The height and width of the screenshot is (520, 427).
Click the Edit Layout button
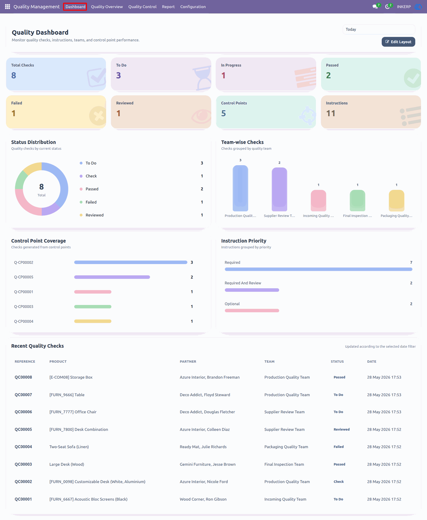coord(398,42)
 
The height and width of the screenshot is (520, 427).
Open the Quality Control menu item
coord(142,7)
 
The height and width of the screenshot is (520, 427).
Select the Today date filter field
coord(379,29)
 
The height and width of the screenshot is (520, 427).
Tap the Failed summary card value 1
coord(14,113)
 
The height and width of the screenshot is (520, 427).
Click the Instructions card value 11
coord(331,113)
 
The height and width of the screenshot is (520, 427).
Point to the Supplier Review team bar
coord(279,189)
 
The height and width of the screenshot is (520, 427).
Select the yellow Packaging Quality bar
coord(396,200)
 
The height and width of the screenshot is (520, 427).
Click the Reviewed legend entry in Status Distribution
coord(95,215)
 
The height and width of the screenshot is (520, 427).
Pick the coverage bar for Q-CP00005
coord(112,277)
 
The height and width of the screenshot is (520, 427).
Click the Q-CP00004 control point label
coord(24,321)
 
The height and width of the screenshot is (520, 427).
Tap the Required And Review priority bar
coord(252,290)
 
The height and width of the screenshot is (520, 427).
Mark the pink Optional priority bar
coord(252,311)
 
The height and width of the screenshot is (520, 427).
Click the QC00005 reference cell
coord(23,429)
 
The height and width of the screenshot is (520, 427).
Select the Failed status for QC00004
coord(339,447)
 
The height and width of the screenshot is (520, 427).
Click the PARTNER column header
coord(188,362)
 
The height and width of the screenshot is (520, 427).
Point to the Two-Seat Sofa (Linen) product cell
coord(69,447)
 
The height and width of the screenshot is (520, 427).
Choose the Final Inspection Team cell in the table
coord(284,464)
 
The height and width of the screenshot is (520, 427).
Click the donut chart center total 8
coord(41,187)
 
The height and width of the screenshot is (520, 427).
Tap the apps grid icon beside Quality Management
coord(7,6)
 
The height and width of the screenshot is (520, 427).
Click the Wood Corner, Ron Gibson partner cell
coord(203,499)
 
